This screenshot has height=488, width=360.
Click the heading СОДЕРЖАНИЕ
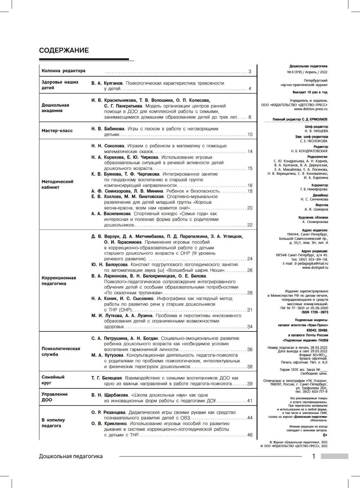(x=64, y=50)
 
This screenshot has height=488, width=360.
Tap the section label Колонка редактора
(x=64, y=71)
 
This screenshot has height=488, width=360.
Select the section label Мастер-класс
(x=57, y=130)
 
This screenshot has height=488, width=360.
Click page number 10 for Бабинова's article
(x=250, y=135)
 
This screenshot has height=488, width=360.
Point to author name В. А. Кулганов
(x=107, y=83)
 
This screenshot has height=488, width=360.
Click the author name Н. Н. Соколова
(x=108, y=146)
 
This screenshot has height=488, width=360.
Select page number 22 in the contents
(x=250, y=225)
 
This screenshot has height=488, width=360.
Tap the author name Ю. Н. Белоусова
(x=109, y=265)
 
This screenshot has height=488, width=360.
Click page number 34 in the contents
(x=250, y=327)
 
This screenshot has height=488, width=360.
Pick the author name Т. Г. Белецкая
(x=106, y=378)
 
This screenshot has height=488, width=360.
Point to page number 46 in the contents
(x=250, y=435)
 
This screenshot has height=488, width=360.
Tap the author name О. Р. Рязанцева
(x=108, y=412)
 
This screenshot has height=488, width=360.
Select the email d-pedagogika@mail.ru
(x=311, y=263)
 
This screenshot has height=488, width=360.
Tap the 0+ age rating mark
(x=325, y=435)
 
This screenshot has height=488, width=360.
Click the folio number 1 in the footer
(x=314, y=456)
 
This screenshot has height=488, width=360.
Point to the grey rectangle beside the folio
(x=334, y=456)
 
